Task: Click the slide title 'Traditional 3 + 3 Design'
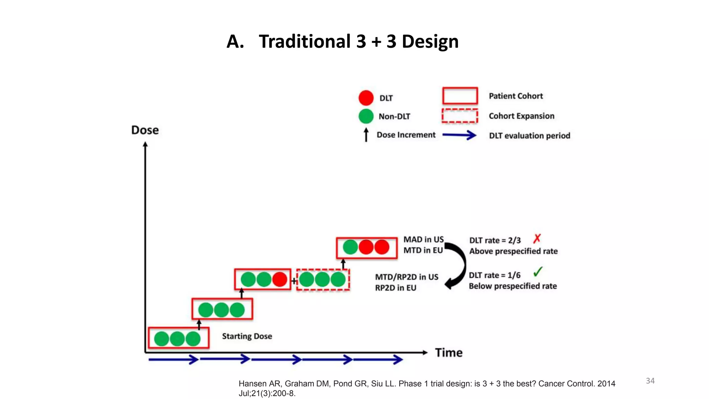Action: pos(359,42)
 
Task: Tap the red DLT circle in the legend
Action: pos(366,98)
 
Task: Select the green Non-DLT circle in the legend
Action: pos(366,116)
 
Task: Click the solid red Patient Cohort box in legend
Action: pos(460,96)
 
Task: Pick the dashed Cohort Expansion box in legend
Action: pos(460,116)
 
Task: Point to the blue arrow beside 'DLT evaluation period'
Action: pos(459,135)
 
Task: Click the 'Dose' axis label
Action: pos(145,130)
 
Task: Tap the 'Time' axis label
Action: pos(449,353)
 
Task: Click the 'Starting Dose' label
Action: pos(247,336)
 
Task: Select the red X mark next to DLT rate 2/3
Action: pos(537,239)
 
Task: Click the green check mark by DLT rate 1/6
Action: pos(538,272)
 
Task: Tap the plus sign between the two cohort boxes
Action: pos(294,281)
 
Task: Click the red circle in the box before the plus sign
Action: pos(280,279)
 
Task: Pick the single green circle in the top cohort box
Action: pos(350,247)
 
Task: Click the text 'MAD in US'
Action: pos(423,240)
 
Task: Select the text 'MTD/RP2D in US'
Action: pos(406,277)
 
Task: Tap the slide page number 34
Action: pos(650,381)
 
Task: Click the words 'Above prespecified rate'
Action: pos(513,251)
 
